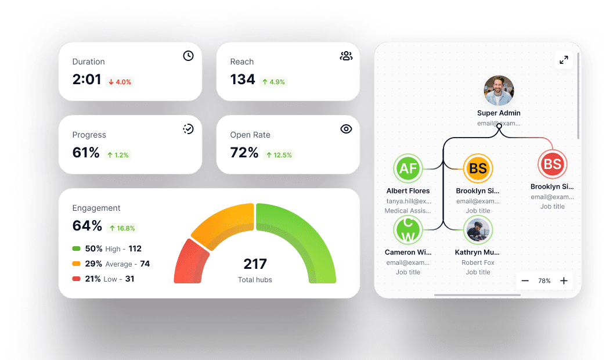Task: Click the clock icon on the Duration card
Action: (188, 56)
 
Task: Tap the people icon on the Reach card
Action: (346, 56)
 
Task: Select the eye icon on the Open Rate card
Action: (346, 129)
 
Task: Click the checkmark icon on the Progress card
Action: (188, 129)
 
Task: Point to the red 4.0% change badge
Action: (120, 82)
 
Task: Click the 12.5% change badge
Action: (279, 155)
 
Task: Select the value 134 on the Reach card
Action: (243, 80)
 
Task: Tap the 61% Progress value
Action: (86, 153)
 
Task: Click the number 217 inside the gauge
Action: (255, 264)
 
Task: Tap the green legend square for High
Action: (76, 249)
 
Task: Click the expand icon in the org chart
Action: (564, 60)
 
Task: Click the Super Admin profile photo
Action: (499, 91)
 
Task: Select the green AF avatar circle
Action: (408, 169)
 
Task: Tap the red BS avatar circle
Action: (552, 164)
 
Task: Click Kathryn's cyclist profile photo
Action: (478, 231)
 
